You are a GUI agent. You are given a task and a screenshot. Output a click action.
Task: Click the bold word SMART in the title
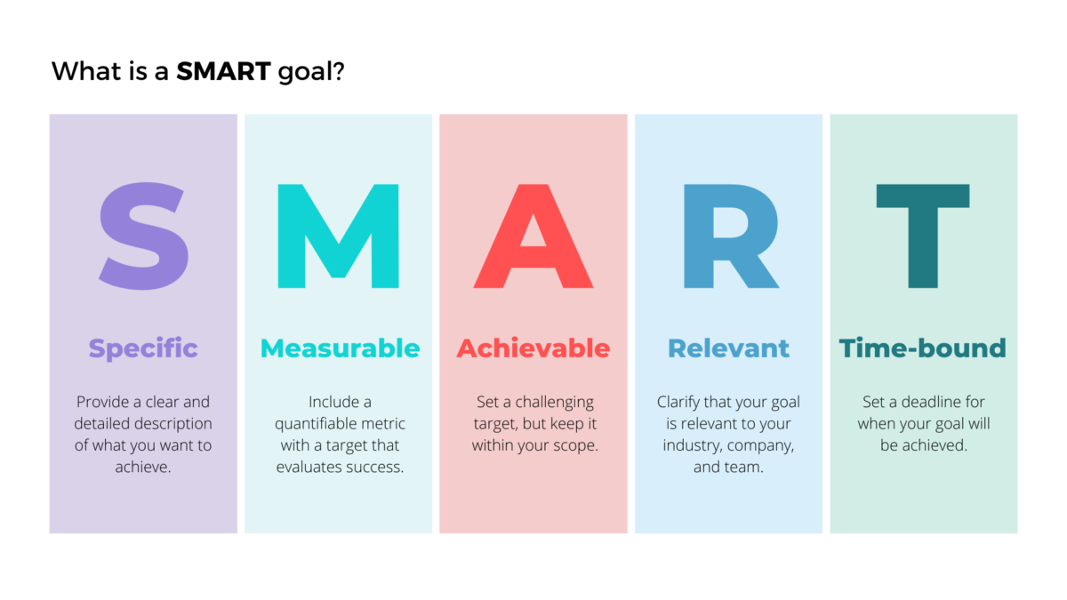coord(222,71)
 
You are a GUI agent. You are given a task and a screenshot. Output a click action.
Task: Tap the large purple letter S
coord(142,236)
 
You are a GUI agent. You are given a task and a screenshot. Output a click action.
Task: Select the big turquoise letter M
coord(338,236)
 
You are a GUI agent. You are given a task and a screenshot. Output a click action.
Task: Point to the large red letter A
coord(533,236)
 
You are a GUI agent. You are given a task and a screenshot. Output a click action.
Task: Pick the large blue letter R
coord(729,236)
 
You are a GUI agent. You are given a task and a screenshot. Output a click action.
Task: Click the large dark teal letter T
coord(923,236)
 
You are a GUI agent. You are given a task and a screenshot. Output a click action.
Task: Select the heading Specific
coord(143,348)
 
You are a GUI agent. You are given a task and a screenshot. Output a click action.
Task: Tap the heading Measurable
coord(340,348)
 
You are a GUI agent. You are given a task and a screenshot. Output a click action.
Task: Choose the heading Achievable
coord(533,348)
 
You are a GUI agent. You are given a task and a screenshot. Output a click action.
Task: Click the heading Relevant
coord(728,348)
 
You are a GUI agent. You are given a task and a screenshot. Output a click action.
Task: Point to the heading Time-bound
coord(923,348)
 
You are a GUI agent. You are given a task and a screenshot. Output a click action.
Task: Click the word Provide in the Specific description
coord(103,403)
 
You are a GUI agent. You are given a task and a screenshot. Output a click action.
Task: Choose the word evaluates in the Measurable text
coord(309,467)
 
